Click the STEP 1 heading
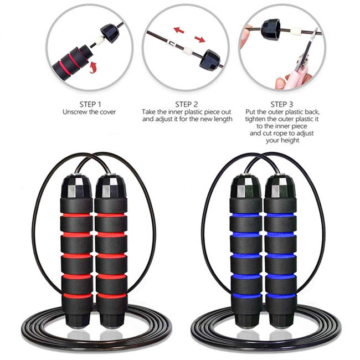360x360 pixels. tap(91, 104)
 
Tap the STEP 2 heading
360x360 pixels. tap(187, 104)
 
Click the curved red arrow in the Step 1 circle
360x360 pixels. tap(94, 68)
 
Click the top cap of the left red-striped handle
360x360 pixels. tap(78, 186)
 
